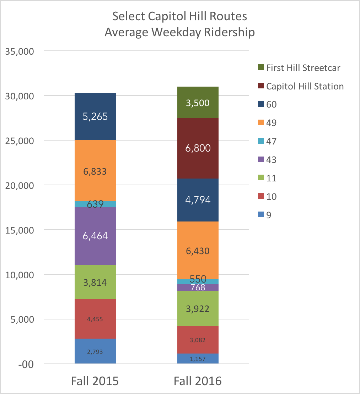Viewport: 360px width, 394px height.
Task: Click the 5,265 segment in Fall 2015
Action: tap(95, 116)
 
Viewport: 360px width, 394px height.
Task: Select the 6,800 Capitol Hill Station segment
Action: tap(198, 148)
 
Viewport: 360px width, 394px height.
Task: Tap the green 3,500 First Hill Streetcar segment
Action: tap(198, 103)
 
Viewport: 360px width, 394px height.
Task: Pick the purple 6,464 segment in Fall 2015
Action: tap(95, 236)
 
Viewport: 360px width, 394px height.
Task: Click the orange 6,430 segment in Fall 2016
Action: tap(198, 251)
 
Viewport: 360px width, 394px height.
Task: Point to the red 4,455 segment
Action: tap(95, 319)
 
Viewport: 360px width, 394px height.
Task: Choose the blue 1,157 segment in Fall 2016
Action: tap(198, 359)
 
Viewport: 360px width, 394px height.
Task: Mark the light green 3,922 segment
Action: tap(198, 308)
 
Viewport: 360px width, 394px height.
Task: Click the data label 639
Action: tap(95, 204)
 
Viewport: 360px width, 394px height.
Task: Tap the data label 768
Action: tap(198, 287)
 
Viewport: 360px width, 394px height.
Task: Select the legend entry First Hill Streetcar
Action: tap(303, 68)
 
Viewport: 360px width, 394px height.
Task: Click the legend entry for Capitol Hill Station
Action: tap(305, 86)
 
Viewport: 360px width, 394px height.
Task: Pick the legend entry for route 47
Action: tap(271, 141)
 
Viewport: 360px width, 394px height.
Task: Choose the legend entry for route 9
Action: tap(269, 215)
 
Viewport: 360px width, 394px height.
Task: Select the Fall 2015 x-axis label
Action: tap(95, 381)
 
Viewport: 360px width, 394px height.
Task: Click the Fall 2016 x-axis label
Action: tap(198, 381)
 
